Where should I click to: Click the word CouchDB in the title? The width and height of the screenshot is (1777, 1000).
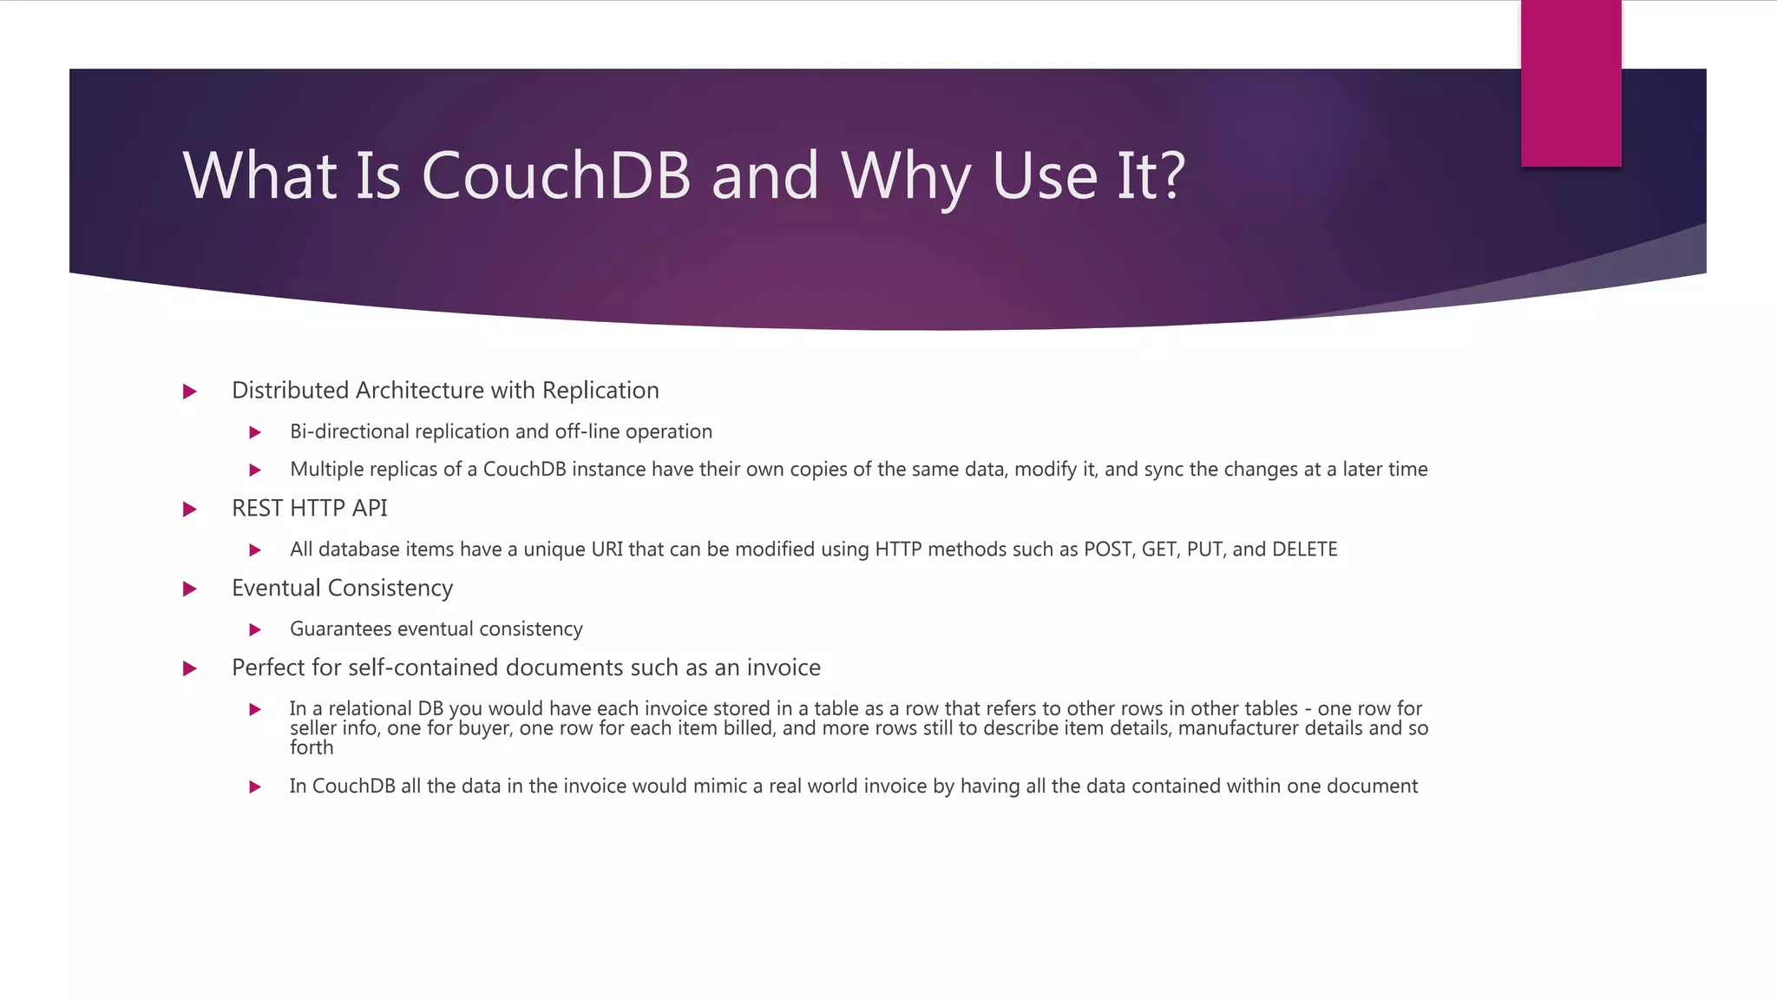pos(555,176)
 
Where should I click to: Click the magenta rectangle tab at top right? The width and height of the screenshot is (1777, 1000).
pos(1570,83)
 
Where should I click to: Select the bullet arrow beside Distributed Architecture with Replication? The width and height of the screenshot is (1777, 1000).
pos(190,391)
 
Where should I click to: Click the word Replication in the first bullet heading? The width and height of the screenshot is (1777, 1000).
pos(600,391)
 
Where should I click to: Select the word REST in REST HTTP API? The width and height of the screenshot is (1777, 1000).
pos(258,509)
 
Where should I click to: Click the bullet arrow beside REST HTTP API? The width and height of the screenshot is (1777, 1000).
pos(190,510)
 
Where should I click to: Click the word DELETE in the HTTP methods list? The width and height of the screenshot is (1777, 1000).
pos(1304,549)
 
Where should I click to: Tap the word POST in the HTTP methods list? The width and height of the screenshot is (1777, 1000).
pos(1107,549)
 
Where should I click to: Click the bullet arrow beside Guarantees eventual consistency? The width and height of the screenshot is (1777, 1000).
pos(255,629)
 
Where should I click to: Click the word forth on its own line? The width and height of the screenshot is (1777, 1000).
pos(311,747)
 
